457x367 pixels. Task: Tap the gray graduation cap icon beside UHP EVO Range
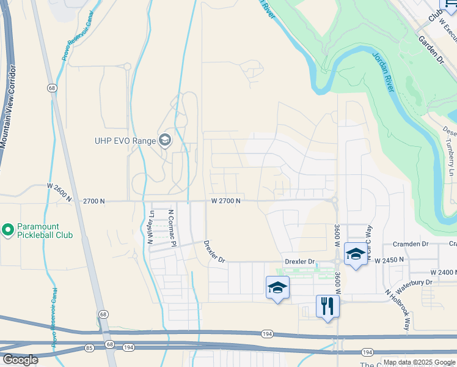[x=164, y=141]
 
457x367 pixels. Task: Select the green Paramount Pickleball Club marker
[x=7, y=231]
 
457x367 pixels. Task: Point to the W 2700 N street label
[x=226, y=201]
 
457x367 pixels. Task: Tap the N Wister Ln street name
[x=150, y=228]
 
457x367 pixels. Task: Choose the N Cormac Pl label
[x=172, y=228]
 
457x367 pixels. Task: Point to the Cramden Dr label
[x=411, y=243]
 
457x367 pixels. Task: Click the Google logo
[x=20, y=360]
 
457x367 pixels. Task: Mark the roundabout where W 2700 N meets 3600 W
[x=335, y=200]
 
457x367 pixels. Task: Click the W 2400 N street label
[x=443, y=272]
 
